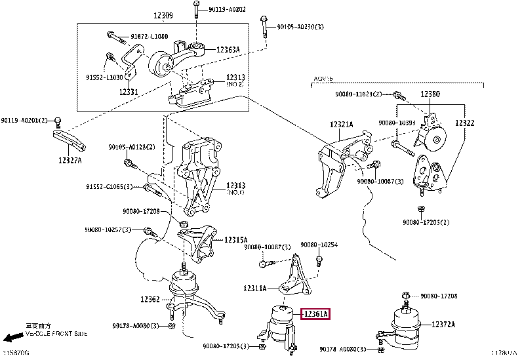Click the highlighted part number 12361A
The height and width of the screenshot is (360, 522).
pyautogui.click(x=315, y=315)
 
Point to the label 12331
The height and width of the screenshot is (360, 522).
pyautogui.click(x=128, y=92)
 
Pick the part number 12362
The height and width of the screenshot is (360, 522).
pyautogui.click(x=150, y=300)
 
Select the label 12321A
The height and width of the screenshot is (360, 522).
pyautogui.click(x=341, y=125)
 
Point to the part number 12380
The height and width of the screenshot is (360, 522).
pyautogui.click(x=430, y=94)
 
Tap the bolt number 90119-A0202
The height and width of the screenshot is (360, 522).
pyautogui.click(x=228, y=9)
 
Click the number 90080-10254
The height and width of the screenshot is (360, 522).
pyautogui.click(x=319, y=245)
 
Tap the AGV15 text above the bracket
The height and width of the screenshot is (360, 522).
pyautogui.click(x=322, y=78)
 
